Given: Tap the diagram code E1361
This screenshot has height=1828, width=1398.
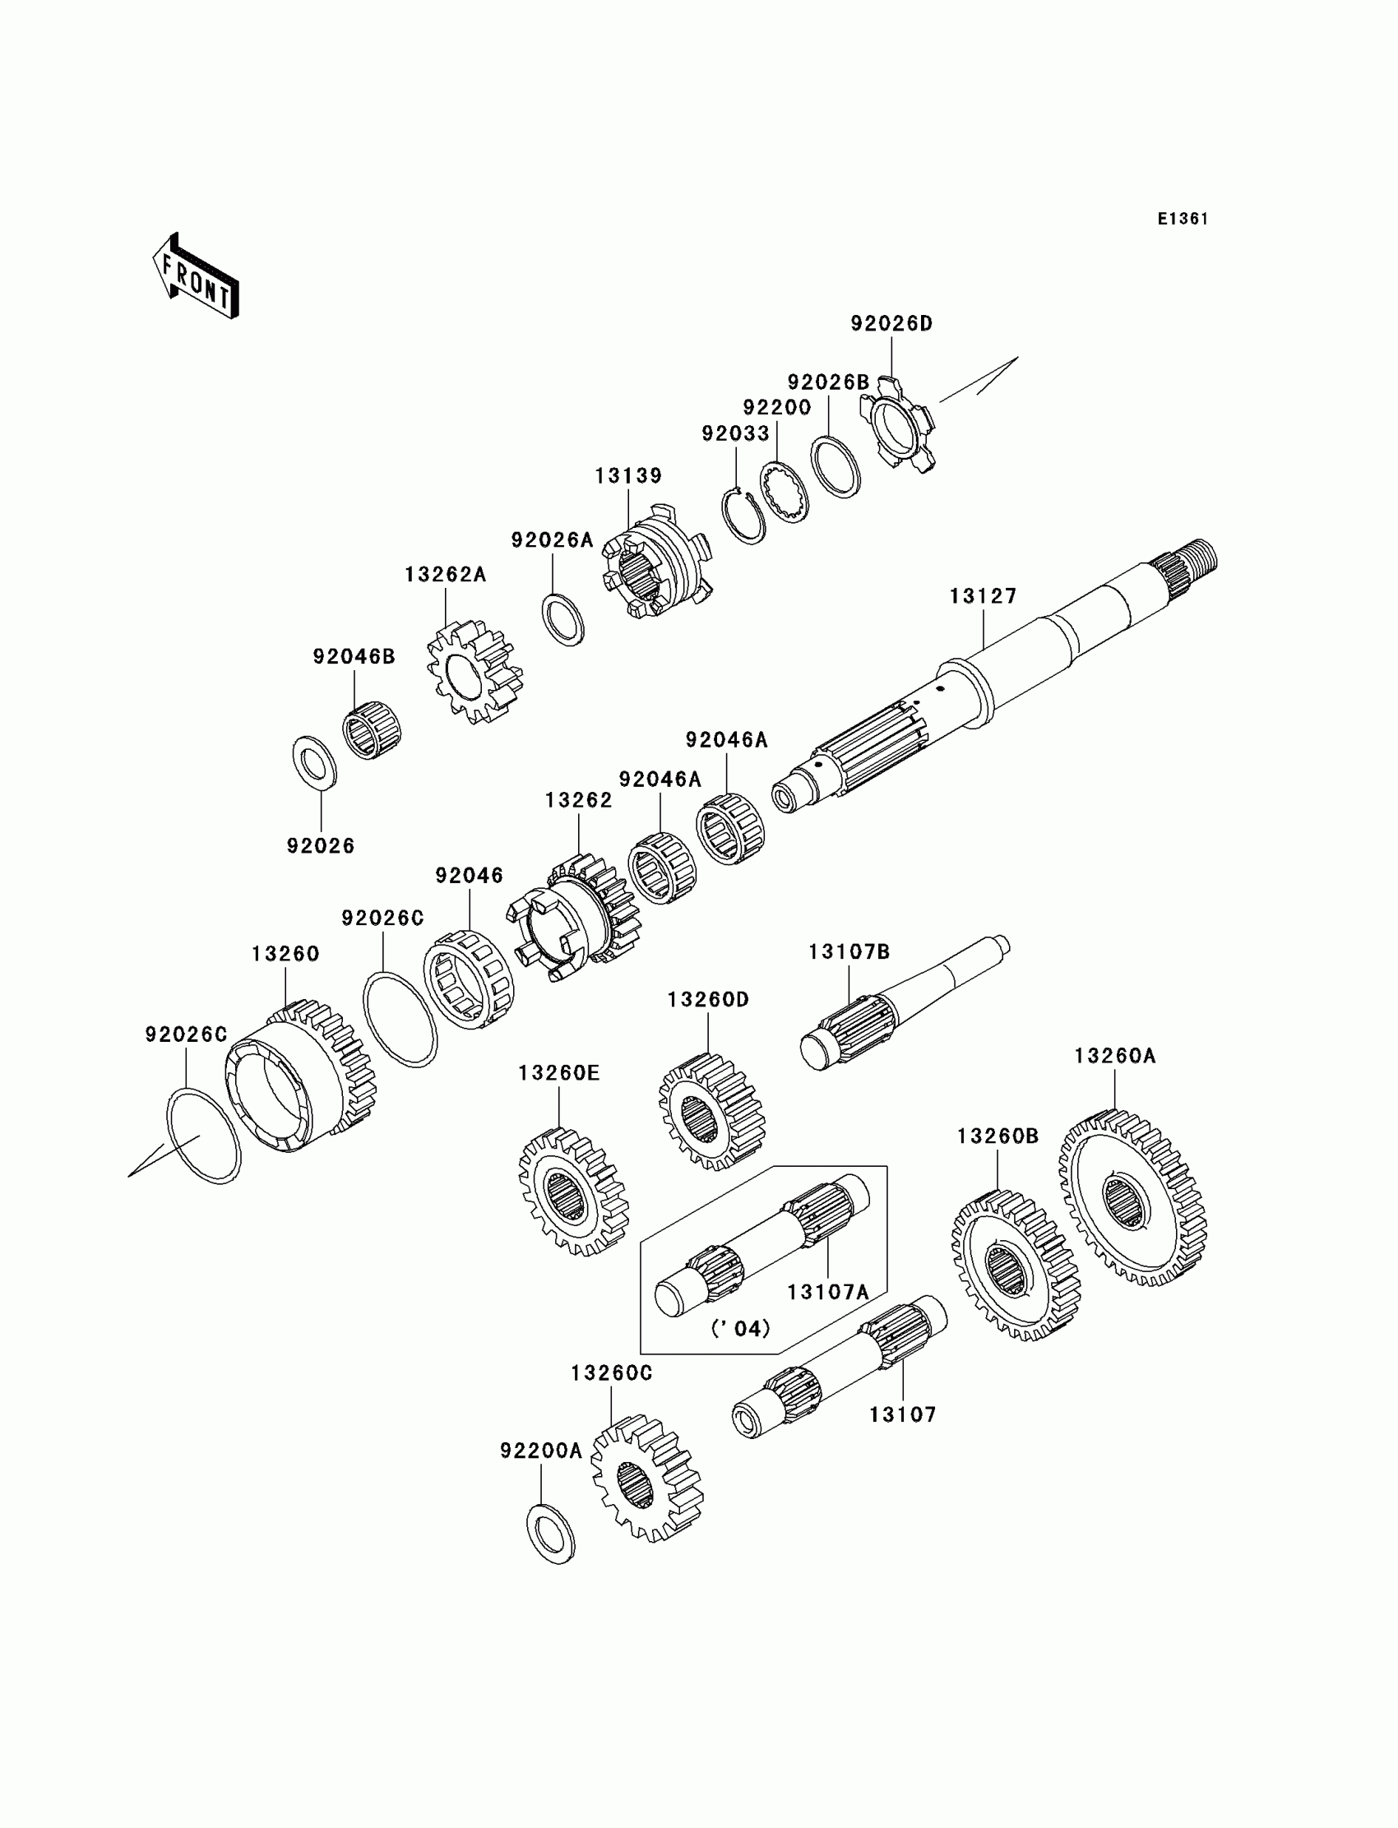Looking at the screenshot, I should pos(1182,219).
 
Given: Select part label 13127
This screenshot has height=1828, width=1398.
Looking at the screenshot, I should pos(983,596).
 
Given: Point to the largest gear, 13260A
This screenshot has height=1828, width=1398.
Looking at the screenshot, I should pos(1132,1198).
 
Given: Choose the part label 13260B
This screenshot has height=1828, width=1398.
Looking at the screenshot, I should pos(998,1136).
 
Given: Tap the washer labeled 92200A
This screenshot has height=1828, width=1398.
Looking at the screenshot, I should pos(551,1533).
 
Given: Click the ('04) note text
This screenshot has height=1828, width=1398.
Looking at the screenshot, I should pos(740,1329).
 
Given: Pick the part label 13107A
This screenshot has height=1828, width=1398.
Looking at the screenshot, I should pos(828,1292).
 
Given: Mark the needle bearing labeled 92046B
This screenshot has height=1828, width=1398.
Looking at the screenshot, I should pos(372,729).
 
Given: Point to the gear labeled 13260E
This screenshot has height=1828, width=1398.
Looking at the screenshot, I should pos(572,1191).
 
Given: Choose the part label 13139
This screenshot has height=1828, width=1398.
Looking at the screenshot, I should pos(627,476).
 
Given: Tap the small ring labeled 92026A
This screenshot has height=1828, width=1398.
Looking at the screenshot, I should pos(563,620).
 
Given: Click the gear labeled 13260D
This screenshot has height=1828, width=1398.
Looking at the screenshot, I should pos(711,1111).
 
